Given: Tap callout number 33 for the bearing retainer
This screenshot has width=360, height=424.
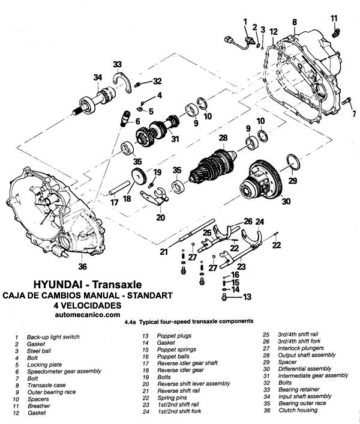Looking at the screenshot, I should tap(118, 64).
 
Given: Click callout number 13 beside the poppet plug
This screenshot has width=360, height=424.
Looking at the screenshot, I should tap(247, 297).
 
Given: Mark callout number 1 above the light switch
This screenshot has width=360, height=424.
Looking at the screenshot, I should tap(244, 22).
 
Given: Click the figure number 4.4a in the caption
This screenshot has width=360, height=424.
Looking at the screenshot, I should tap(131, 322).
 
